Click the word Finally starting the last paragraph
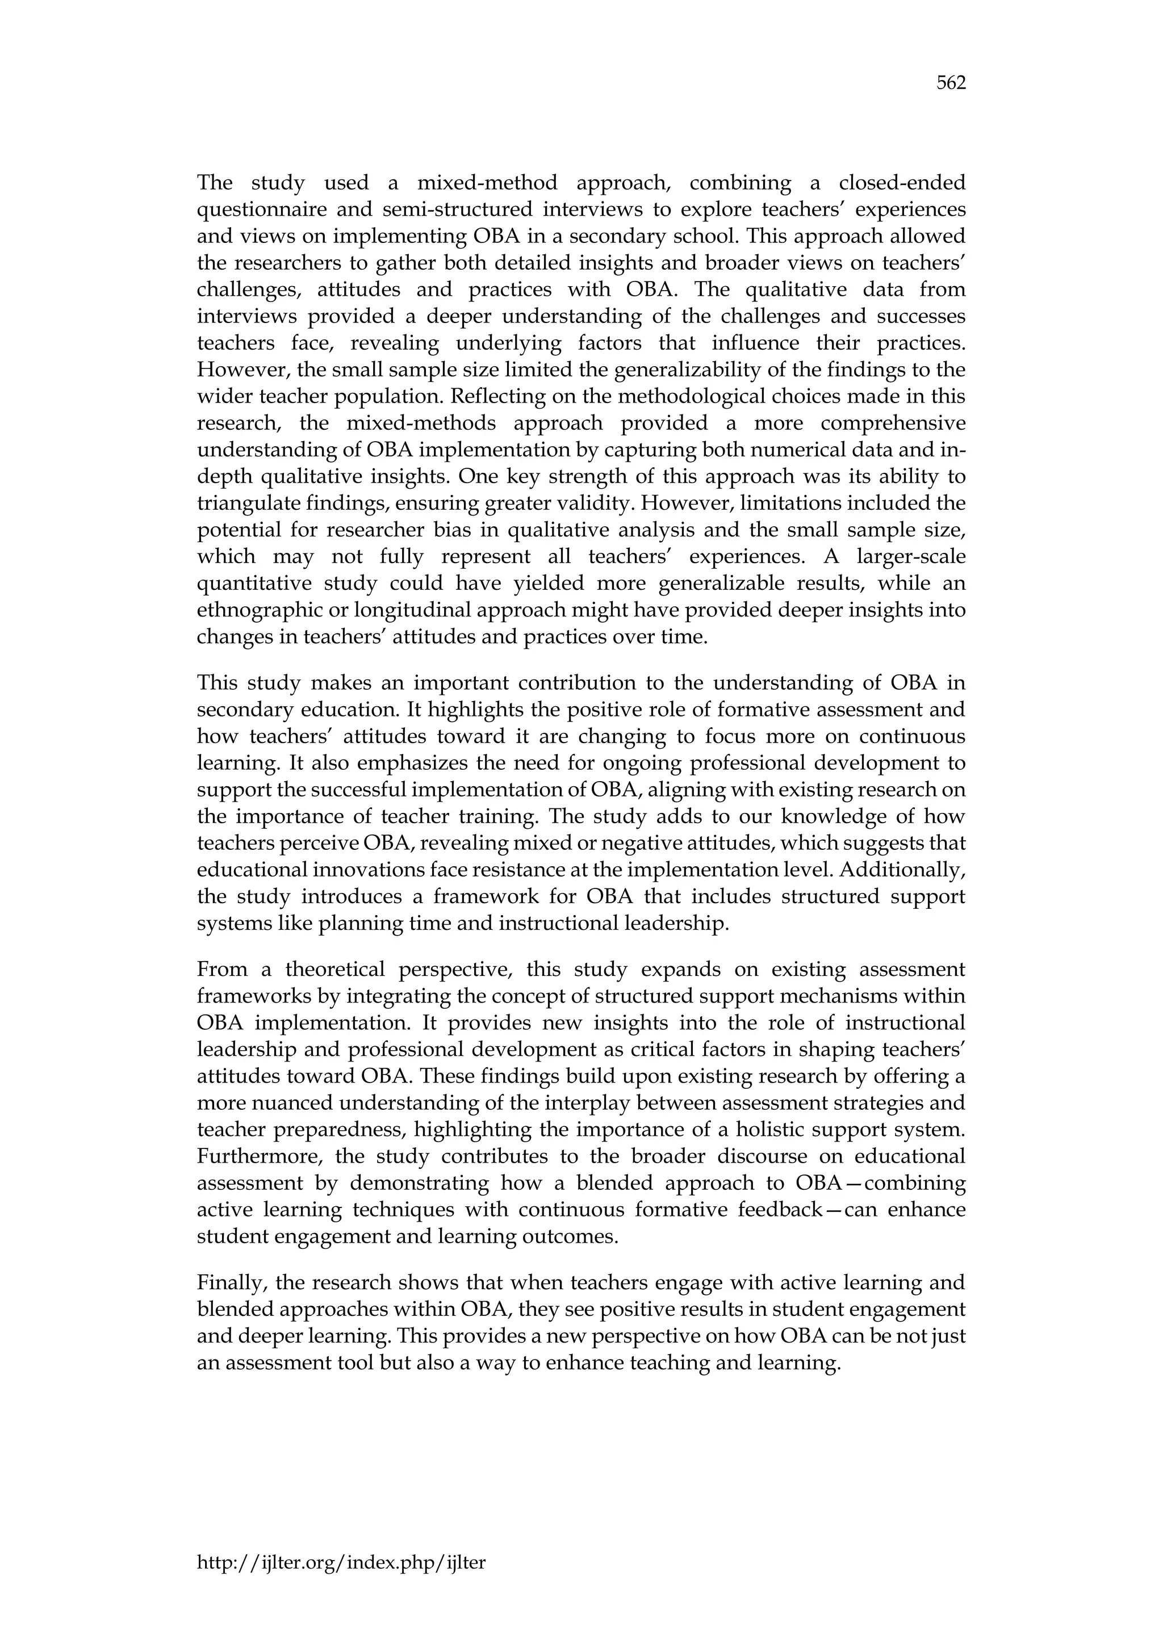229,1282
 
